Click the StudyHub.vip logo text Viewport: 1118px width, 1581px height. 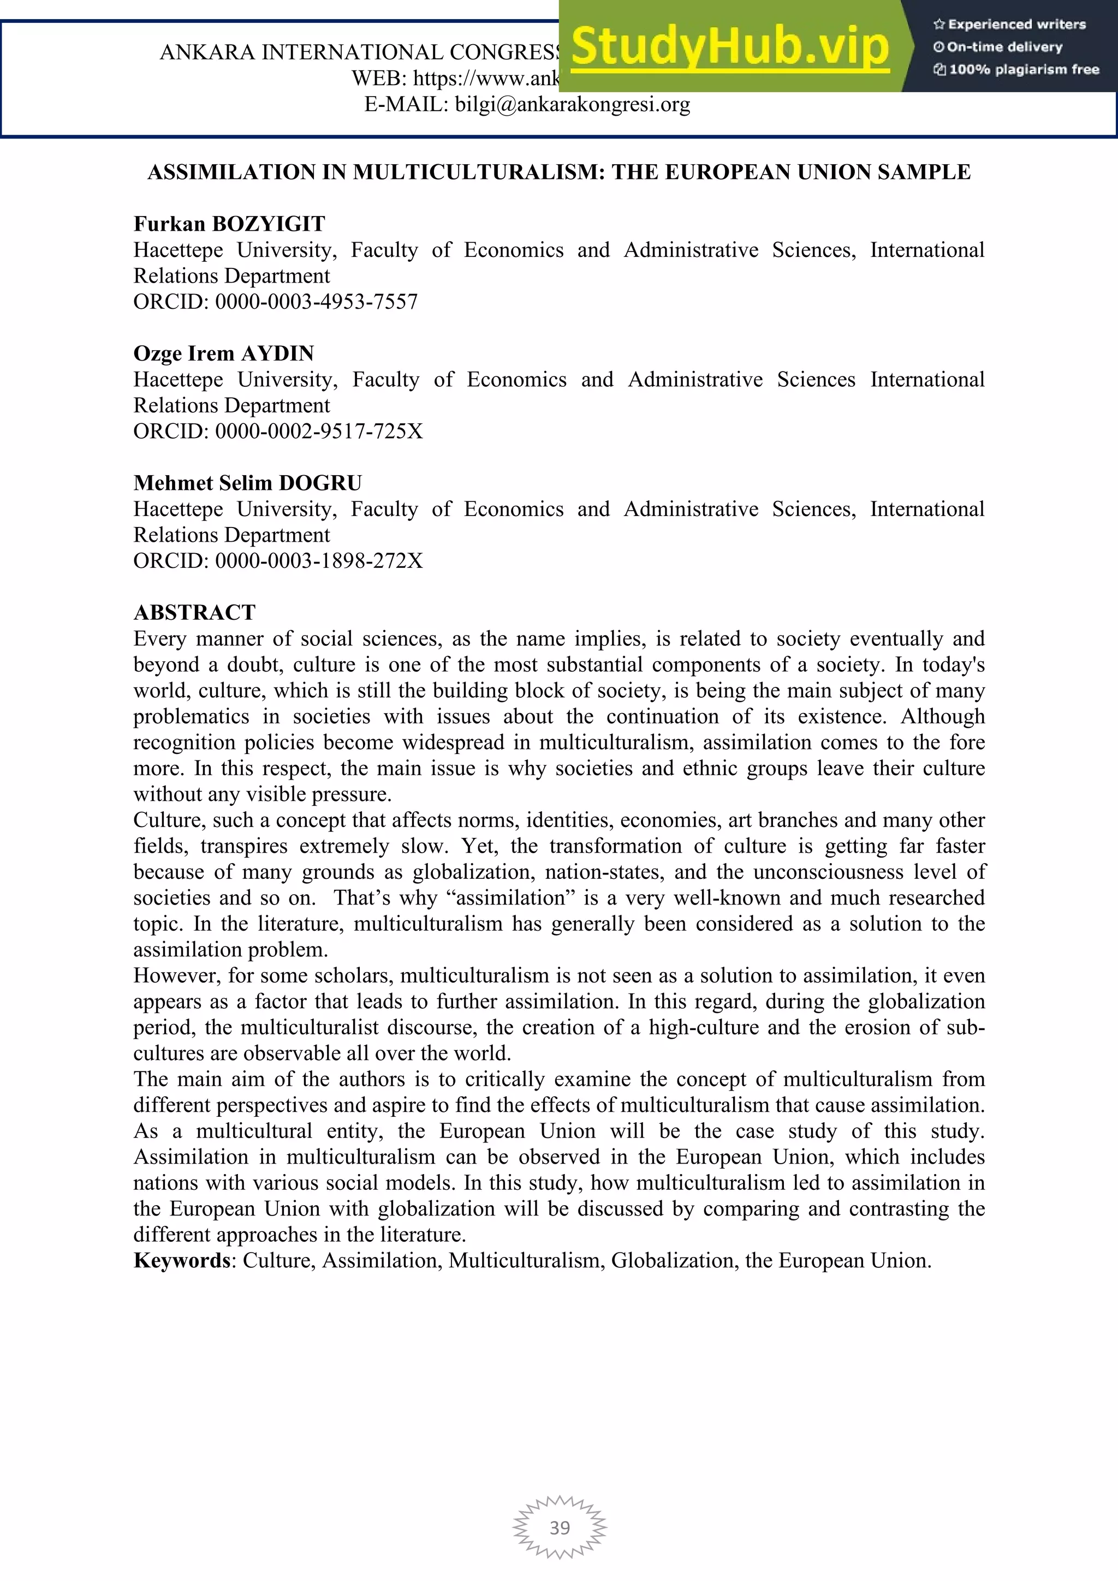729,46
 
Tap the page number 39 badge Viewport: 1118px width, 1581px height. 560,1528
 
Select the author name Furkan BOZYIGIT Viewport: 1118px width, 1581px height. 229,224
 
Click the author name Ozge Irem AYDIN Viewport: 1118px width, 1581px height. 223,354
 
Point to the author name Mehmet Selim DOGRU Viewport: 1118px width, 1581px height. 247,483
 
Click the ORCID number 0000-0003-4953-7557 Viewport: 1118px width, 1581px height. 316,302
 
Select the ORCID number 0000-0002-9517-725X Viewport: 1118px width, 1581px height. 319,431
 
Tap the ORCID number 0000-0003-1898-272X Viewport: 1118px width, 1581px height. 319,560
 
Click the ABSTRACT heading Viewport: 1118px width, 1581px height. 194,612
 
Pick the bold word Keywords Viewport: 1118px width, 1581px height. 181,1260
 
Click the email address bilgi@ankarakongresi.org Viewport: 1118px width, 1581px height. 573,105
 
